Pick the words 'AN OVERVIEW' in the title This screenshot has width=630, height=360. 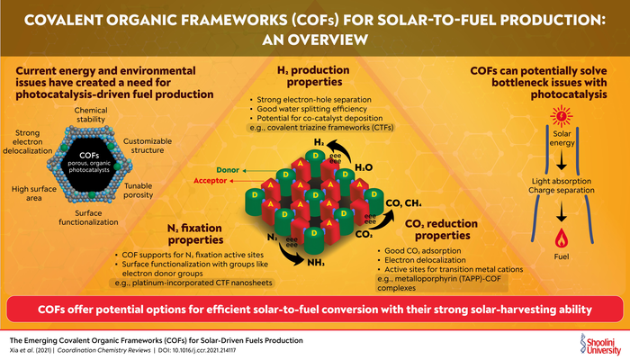tap(315, 40)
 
